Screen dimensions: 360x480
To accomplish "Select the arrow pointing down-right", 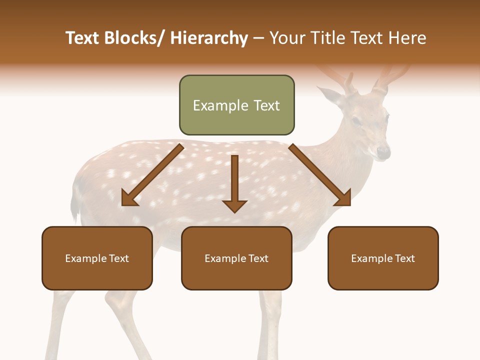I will [320, 175].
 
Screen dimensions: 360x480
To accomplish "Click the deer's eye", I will [356, 121].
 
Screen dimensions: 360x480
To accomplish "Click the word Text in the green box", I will [265, 105].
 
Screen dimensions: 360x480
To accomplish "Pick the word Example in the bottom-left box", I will [85, 258].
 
